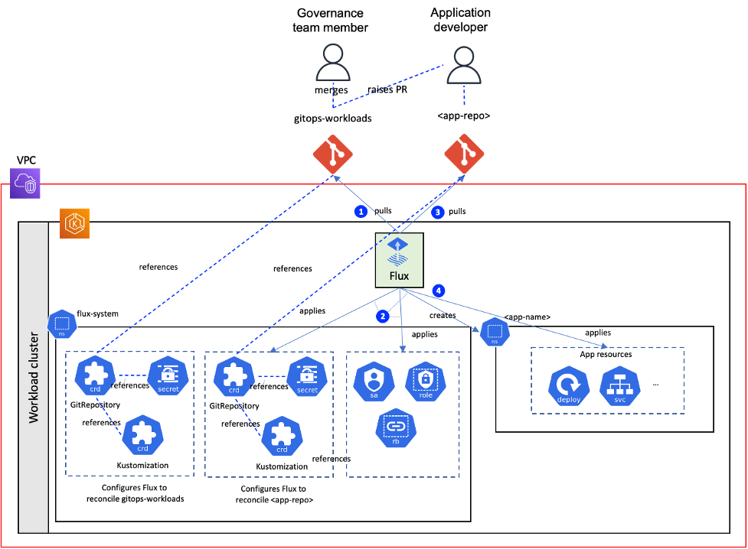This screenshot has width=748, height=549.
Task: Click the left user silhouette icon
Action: pos(333,63)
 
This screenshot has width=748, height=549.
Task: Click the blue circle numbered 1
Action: pos(361,211)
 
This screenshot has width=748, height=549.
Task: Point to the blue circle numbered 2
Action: pos(383,316)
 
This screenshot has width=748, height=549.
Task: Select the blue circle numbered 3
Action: pos(438,212)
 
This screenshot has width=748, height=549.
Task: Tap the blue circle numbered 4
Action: pos(438,291)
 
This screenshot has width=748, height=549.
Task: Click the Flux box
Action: pos(399,260)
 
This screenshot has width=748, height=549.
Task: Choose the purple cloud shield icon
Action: pos(25,184)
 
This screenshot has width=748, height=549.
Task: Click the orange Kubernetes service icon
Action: pos(74,223)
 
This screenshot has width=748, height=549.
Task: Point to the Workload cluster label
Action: pos(34,378)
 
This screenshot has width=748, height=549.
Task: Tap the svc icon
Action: pos(620,386)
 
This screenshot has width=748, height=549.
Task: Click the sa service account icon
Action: pos(374,382)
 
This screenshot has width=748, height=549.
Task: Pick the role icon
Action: pos(426,382)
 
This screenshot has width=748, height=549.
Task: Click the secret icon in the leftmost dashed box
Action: pos(168,376)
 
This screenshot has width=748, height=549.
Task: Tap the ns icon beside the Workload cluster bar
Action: pos(62,324)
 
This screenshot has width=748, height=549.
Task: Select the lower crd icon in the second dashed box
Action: pos(282,437)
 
